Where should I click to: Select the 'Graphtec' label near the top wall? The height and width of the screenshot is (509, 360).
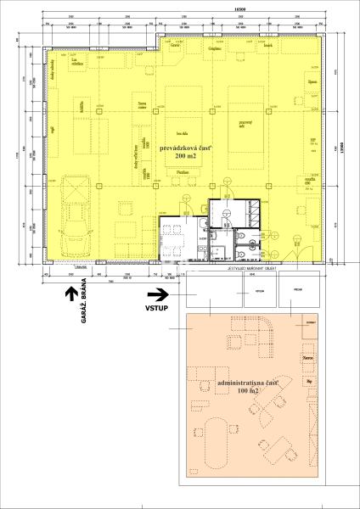pos(213,49)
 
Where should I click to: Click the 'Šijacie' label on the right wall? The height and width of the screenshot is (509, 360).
pos(312,81)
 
